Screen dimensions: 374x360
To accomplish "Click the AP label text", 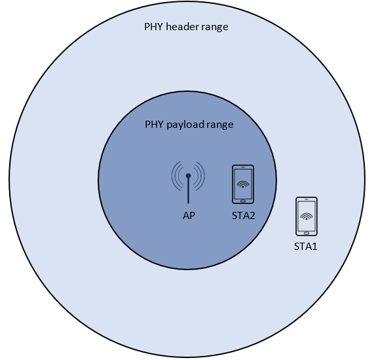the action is point(189,216).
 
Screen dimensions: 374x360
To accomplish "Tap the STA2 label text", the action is point(243,216).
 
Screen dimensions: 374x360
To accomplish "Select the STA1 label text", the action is point(306,247).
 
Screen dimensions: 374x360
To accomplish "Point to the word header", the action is point(183,26).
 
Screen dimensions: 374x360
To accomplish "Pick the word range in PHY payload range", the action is point(220,125).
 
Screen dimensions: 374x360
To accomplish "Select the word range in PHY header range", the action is point(215,27).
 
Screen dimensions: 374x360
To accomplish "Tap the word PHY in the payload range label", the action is point(155,125).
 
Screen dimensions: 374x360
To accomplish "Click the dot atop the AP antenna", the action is point(188,176).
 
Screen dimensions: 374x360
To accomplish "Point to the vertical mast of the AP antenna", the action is point(188,190).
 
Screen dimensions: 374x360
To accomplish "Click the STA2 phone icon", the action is point(243,184).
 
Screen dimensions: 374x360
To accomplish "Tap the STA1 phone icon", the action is point(307,216).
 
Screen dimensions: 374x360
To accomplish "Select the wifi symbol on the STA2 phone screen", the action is point(243,184).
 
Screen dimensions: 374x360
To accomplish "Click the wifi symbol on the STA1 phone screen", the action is point(307,216).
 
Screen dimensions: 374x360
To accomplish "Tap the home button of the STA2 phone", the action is point(243,201).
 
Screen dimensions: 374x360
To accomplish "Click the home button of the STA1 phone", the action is point(307,233).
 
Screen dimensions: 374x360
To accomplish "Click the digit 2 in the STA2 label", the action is point(252,216).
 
